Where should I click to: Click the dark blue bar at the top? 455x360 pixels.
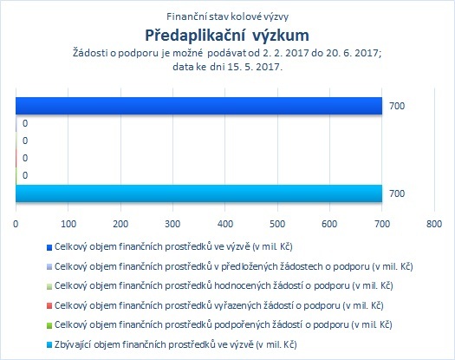click(x=198, y=106)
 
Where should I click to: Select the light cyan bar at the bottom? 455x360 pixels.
click(x=198, y=193)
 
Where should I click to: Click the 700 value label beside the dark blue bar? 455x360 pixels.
click(x=397, y=106)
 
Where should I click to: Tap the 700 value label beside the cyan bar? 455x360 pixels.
click(x=397, y=193)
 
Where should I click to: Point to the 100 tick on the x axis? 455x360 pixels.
click(x=68, y=224)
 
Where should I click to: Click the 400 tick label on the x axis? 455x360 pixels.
click(x=225, y=224)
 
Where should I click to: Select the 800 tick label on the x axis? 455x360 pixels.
click(x=434, y=224)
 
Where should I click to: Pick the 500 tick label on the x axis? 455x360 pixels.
click(x=277, y=224)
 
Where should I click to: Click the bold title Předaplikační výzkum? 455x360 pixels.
click(x=227, y=36)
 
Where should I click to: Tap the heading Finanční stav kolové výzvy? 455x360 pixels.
click(x=227, y=16)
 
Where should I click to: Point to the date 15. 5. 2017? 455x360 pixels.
click(x=255, y=67)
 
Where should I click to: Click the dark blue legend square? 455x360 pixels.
click(x=49, y=247)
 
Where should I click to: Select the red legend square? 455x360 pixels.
click(x=49, y=306)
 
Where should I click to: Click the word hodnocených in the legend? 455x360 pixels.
click(x=243, y=286)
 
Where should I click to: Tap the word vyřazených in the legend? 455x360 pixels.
click(x=238, y=305)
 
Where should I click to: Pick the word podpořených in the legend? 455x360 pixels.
click(x=243, y=324)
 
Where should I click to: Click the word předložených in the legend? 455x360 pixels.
click(x=250, y=266)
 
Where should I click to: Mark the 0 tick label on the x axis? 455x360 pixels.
click(x=16, y=224)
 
